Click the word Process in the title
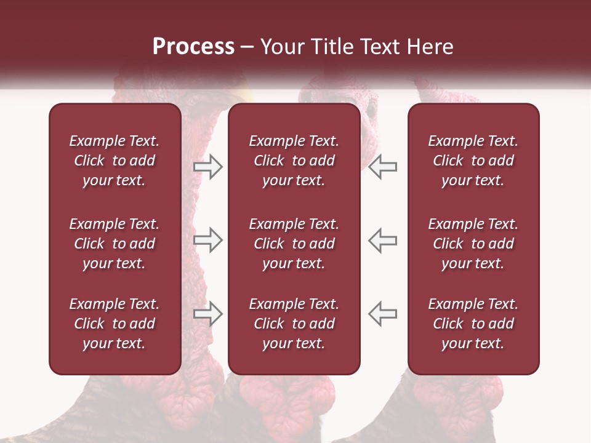tap(193, 47)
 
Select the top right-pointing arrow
tap(207, 167)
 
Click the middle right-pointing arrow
tap(207, 240)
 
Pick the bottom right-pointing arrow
tap(207, 314)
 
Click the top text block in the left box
tap(115, 161)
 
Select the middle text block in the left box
tap(115, 244)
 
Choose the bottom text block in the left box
tap(115, 324)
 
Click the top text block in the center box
tap(294, 161)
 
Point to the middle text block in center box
tap(294, 244)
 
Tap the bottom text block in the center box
tap(294, 324)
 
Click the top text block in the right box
tap(473, 161)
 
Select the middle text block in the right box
tap(473, 244)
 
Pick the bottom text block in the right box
tap(473, 324)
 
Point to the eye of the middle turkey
tap(371, 110)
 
